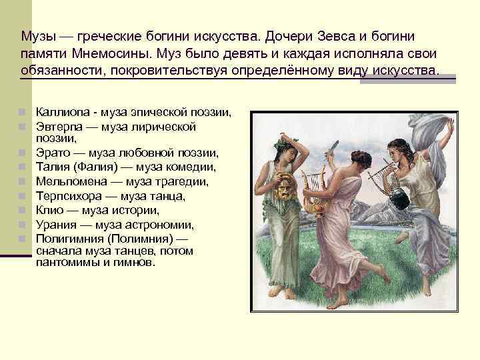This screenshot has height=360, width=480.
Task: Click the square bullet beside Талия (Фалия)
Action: coord(22,167)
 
